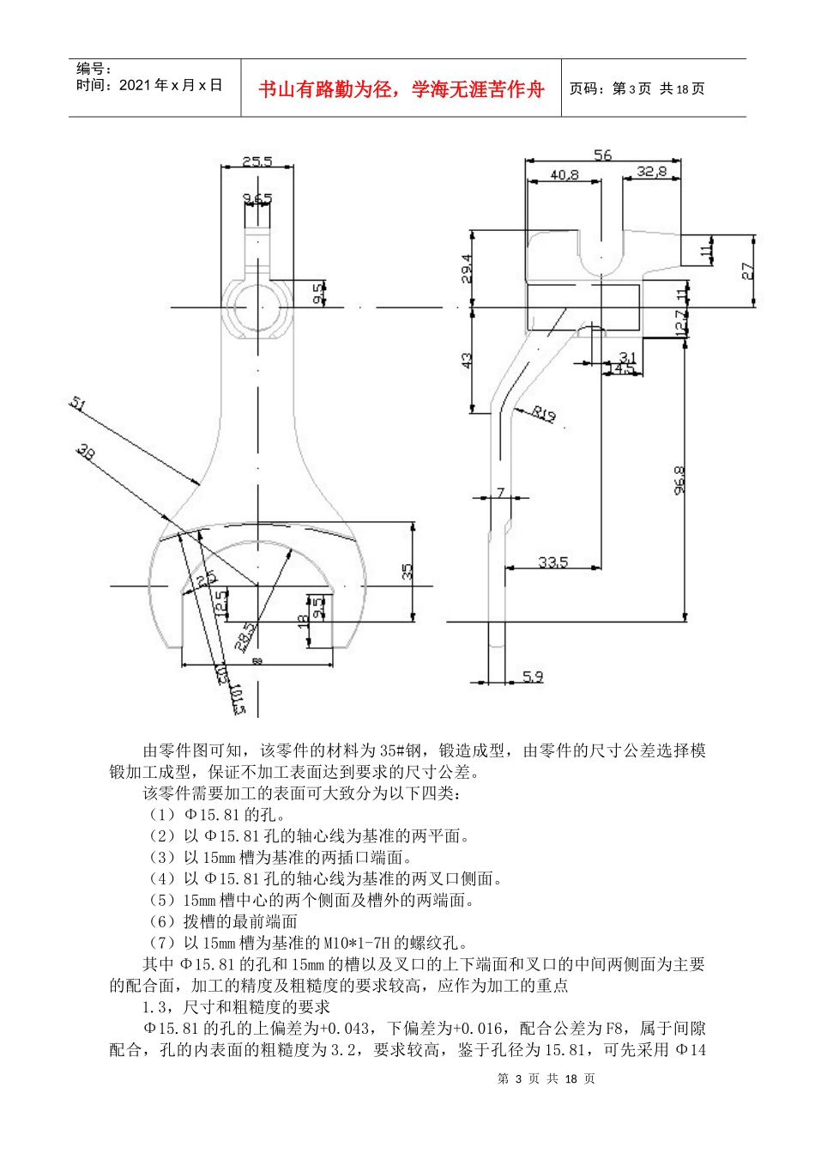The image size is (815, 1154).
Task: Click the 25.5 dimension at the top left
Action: click(257, 161)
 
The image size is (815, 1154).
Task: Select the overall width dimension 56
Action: click(603, 155)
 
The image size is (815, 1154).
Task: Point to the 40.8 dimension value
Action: click(564, 174)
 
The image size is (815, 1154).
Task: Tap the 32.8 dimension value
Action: click(651, 172)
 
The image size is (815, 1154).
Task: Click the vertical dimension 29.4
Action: click(467, 269)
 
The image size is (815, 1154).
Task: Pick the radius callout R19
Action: click(544, 414)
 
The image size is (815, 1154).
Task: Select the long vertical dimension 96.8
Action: click(679, 481)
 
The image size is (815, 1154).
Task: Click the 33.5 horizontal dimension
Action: click(552, 562)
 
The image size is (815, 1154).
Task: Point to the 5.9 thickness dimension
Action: click(533, 677)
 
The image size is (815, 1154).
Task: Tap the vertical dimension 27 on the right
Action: click(747, 270)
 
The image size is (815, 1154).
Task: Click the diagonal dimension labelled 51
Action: click(78, 404)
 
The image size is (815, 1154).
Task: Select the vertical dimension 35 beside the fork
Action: click(407, 570)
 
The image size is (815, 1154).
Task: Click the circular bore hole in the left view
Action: click(257, 307)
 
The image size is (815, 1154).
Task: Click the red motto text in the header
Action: click(401, 89)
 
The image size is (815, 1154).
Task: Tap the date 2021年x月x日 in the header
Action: click(149, 85)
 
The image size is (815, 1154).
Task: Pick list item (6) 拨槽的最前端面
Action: click(223, 921)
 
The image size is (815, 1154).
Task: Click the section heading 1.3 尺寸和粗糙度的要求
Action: click(236, 1007)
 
